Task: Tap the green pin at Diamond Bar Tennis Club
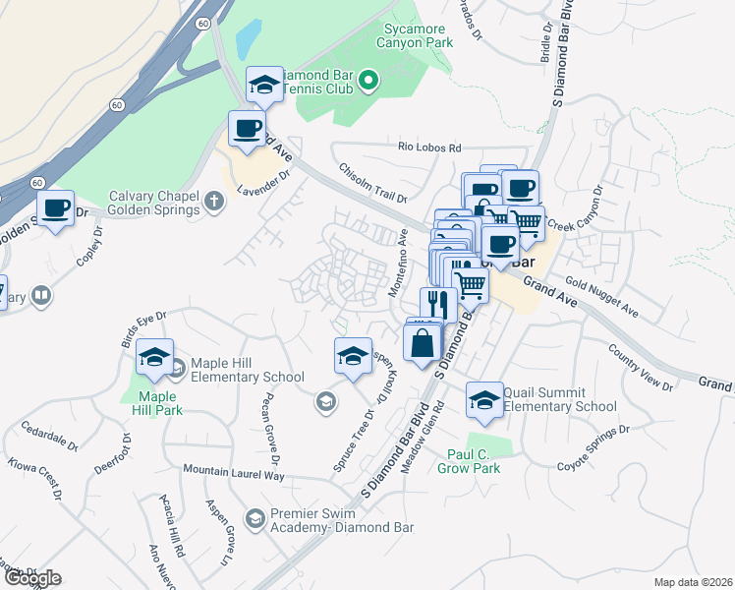point(368,80)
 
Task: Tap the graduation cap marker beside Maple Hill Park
point(155,359)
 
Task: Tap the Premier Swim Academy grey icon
point(254,518)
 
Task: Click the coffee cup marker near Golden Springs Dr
point(56,208)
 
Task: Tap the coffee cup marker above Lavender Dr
point(248,128)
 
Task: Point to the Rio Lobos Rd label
point(429,147)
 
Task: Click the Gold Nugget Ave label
point(602,300)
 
